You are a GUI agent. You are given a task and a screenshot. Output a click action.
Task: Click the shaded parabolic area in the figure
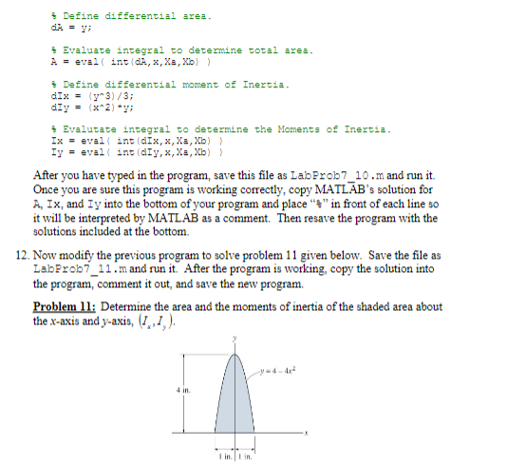pos(230,404)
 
